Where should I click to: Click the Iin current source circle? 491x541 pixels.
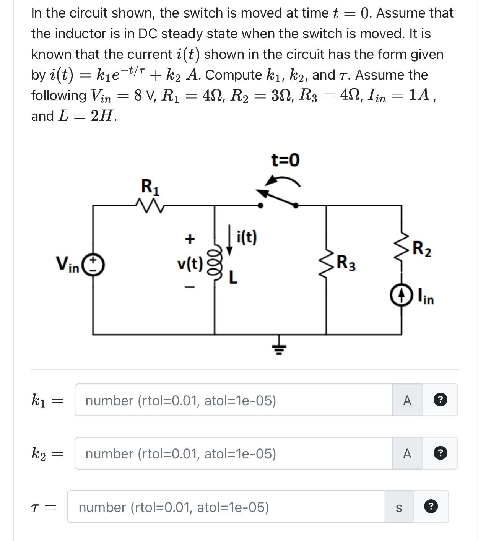pos(401,295)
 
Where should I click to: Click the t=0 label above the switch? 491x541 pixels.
pos(285,160)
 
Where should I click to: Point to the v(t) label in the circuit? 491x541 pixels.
pos(190,263)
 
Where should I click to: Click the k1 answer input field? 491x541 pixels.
pos(233,400)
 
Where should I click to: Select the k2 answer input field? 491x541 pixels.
pos(233,453)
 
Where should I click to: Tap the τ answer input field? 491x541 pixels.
pos(226,507)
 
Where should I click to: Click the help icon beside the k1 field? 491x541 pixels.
pos(440,400)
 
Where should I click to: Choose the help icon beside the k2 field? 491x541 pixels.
pos(440,453)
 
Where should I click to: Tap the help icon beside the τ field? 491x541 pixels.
pos(431,507)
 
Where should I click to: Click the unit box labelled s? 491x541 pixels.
pos(399,507)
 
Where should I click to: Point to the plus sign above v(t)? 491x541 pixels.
pos(190,239)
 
